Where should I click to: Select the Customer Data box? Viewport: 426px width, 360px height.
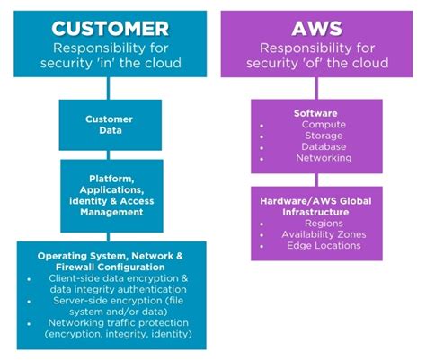110,124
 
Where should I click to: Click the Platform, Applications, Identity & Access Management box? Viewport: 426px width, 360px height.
110,195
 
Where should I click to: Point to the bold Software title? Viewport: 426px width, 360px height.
315,112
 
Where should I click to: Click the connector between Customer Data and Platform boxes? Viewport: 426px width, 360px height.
110,154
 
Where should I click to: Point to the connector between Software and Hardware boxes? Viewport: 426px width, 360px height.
315,179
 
